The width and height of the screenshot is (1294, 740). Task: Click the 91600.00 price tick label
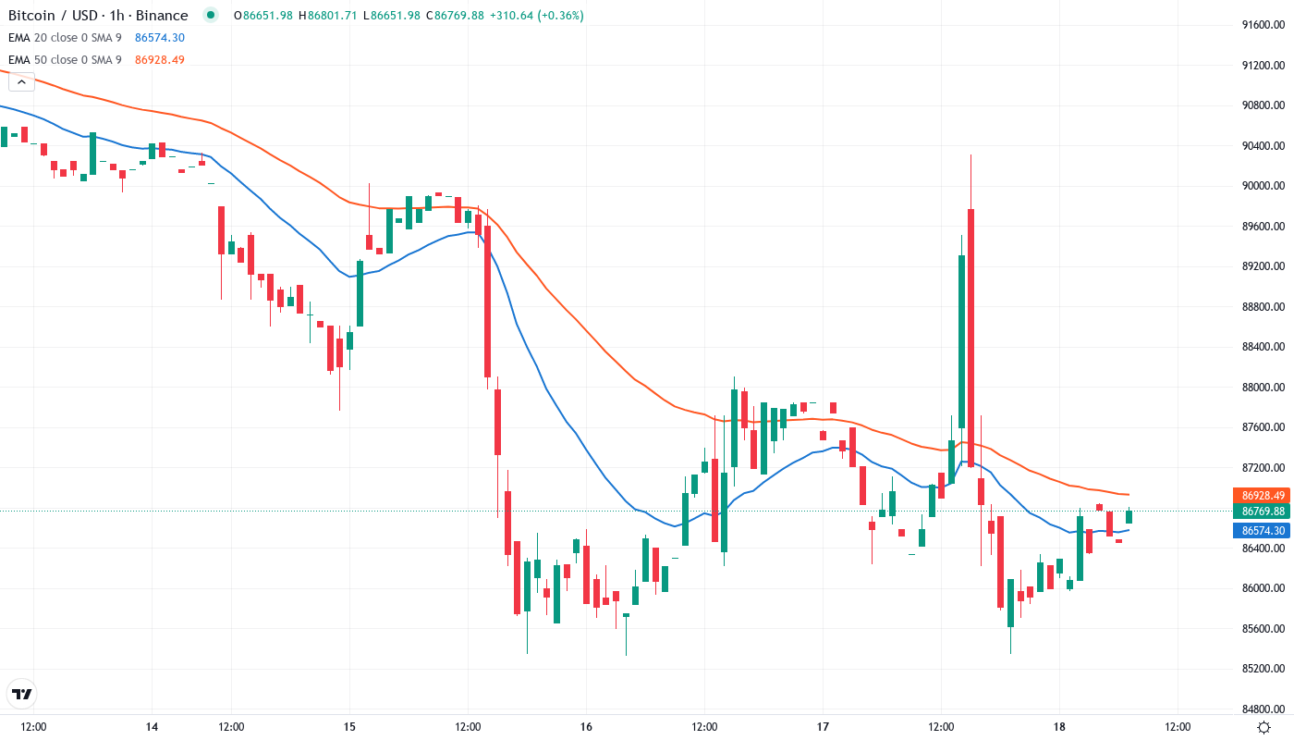click(x=1263, y=25)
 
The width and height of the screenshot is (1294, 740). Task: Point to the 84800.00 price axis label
click(x=1263, y=709)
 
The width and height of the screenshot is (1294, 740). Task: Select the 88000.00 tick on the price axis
click(x=1263, y=388)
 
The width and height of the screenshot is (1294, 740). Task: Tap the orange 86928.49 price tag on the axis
click(x=1263, y=496)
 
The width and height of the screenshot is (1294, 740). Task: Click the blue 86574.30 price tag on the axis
click(x=1263, y=531)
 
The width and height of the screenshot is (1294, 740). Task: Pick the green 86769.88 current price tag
click(x=1263, y=512)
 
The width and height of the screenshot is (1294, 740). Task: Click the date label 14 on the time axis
click(x=152, y=727)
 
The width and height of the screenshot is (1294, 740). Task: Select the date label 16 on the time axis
click(x=586, y=727)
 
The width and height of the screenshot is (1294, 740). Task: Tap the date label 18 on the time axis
click(x=1059, y=727)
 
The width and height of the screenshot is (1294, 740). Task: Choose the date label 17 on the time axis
click(x=823, y=727)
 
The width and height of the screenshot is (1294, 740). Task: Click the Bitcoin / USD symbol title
click(x=97, y=16)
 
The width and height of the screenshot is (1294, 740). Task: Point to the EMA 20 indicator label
click(x=65, y=38)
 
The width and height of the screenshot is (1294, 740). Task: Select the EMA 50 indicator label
click(x=65, y=60)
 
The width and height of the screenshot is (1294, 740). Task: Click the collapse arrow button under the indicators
click(x=21, y=81)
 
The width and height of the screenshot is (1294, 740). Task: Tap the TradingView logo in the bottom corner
click(x=22, y=694)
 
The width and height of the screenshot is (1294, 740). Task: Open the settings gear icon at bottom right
click(x=1263, y=727)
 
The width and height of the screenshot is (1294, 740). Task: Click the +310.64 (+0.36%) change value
click(x=536, y=16)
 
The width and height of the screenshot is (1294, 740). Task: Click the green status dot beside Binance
click(x=212, y=15)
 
